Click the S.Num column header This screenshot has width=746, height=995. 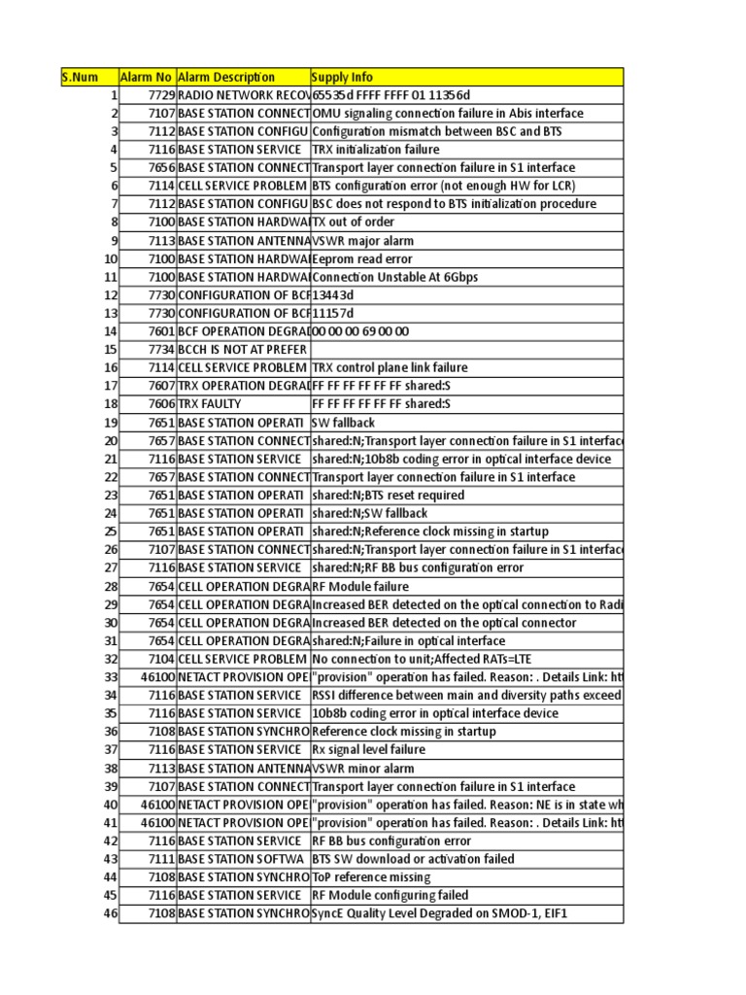[x=82, y=77]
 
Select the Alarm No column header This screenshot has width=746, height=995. [x=146, y=77]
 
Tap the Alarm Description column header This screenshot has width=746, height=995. [x=226, y=77]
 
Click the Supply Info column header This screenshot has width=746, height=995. [x=342, y=77]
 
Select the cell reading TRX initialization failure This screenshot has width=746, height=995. [x=376, y=150]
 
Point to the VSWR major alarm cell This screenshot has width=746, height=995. [x=363, y=241]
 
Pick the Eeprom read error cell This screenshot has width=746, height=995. [x=362, y=259]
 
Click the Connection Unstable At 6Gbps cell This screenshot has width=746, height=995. [x=394, y=277]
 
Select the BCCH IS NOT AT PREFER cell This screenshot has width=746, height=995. [x=243, y=350]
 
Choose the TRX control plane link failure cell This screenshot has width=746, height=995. [x=390, y=368]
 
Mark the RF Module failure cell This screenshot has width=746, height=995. [x=360, y=586]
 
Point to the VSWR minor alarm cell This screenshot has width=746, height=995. [x=363, y=768]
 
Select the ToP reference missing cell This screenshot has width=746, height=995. [x=371, y=876]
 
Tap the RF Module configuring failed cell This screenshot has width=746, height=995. [x=390, y=895]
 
